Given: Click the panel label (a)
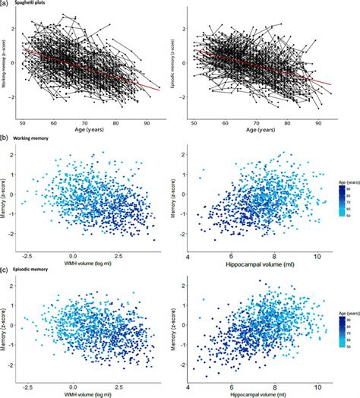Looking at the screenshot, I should coord(5,4).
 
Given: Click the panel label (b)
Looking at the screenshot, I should coord(5,138).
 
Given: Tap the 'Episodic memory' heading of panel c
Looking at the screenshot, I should coord(39,271).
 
